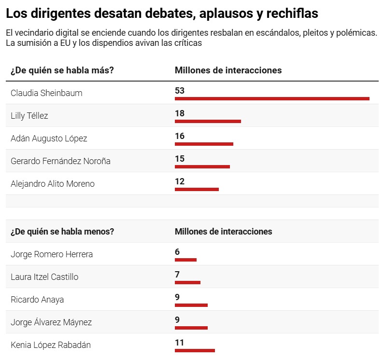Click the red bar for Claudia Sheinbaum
(272, 98)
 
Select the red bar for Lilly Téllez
(208, 121)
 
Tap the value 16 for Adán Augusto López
(180, 136)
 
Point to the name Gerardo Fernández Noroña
(60, 161)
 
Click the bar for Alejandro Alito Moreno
(197, 189)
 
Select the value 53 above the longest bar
(180, 91)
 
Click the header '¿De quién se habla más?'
(62, 70)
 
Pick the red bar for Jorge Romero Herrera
(185, 260)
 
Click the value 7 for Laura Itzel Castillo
(177, 275)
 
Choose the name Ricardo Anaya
(37, 300)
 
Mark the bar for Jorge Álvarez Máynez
(191, 328)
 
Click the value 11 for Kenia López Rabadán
(180, 343)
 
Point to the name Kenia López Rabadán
(51, 345)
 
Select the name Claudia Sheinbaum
(46, 93)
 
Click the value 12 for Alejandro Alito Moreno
(180, 181)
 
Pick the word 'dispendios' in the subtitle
(99, 43)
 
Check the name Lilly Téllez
(29, 116)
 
